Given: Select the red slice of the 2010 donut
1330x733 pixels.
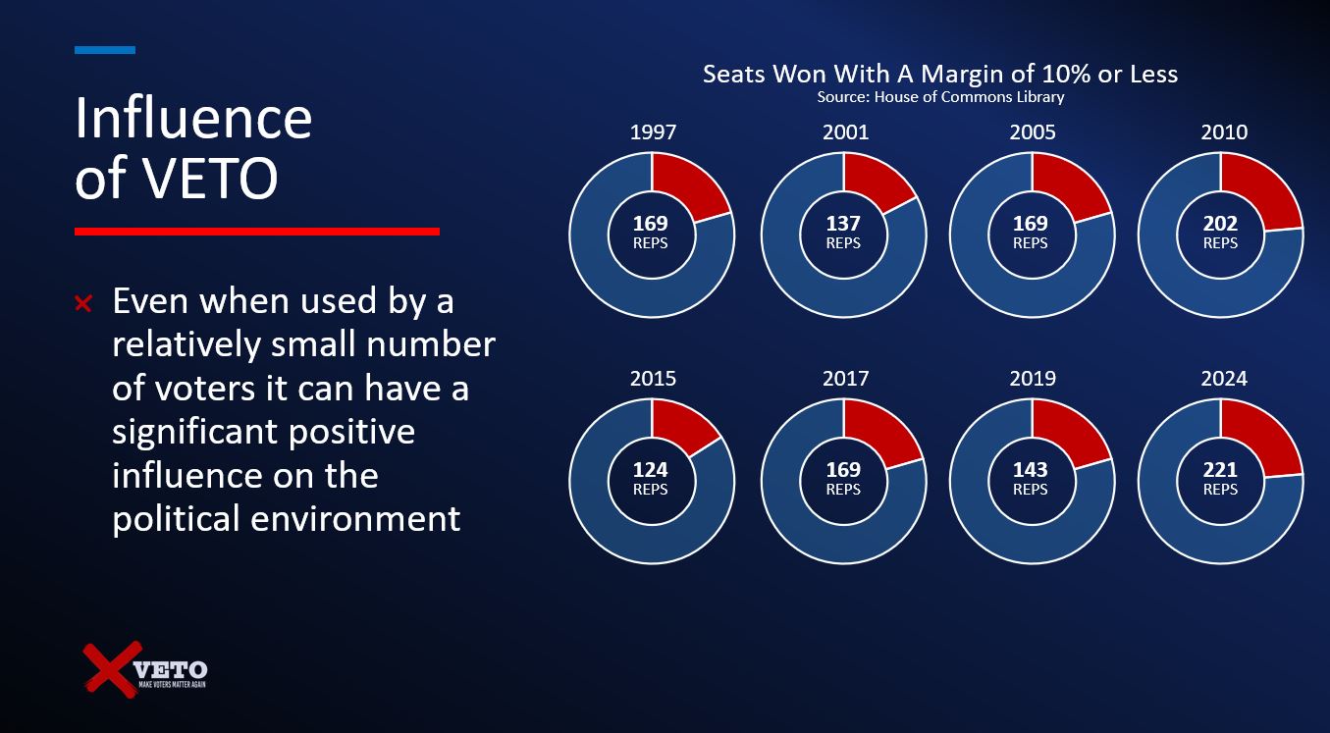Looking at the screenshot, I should [x=1260, y=193].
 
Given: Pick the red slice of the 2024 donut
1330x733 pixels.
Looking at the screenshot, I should [x=1260, y=439].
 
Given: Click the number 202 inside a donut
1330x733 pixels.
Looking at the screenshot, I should [x=1220, y=224].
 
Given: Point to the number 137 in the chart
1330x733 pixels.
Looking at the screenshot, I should [x=843, y=224].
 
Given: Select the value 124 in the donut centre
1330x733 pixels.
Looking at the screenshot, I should [x=650, y=470].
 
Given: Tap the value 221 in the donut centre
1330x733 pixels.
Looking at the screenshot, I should [x=1220, y=470].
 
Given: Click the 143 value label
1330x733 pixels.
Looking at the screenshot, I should [x=1030, y=470].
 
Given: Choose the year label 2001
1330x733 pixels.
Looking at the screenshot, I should [x=845, y=132].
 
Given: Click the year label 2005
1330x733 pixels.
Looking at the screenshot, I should [x=1032, y=132].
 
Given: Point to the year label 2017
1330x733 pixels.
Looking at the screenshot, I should [x=845, y=379].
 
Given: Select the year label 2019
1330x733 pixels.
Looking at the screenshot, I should [x=1032, y=379].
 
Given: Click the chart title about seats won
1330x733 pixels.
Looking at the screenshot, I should [x=939, y=75].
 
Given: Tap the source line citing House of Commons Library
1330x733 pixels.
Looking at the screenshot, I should [x=939, y=97].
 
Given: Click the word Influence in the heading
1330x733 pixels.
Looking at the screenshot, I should [x=193, y=119].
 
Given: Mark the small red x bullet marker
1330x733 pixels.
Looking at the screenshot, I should [x=84, y=304].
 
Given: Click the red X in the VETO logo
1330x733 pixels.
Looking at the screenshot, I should [x=110, y=669].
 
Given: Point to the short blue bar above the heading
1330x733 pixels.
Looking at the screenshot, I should [x=105, y=49].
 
